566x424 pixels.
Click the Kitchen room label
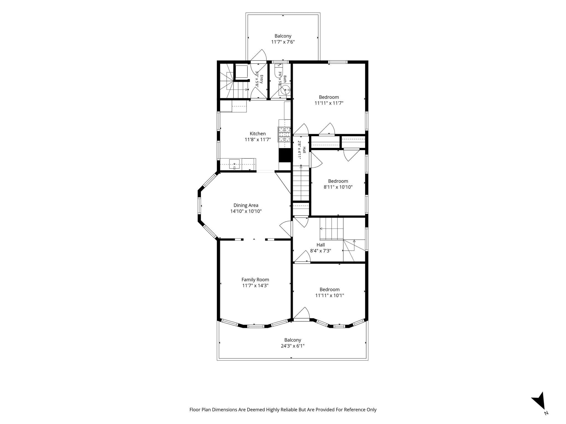pos(258,134)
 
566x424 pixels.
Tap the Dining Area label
pos(246,205)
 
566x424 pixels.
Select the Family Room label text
pos(255,280)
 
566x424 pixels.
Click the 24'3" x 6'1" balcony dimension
pos(293,346)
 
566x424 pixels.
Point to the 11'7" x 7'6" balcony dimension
pos(283,42)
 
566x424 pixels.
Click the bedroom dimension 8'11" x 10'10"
pos(338,187)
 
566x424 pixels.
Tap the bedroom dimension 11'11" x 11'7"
pos(329,103)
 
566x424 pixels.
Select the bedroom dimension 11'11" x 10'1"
pos(329,295)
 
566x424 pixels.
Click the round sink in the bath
pos(285,90)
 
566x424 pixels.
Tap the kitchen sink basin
pos(234,164)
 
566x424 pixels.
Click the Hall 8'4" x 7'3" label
pos(321,248)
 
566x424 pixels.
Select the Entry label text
pos(261,79)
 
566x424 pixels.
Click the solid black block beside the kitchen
pos(285,155)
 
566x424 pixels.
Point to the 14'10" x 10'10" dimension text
pos(246,211)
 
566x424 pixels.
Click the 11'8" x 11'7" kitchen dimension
pos(258,140)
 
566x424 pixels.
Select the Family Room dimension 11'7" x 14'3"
pos(255,286)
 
